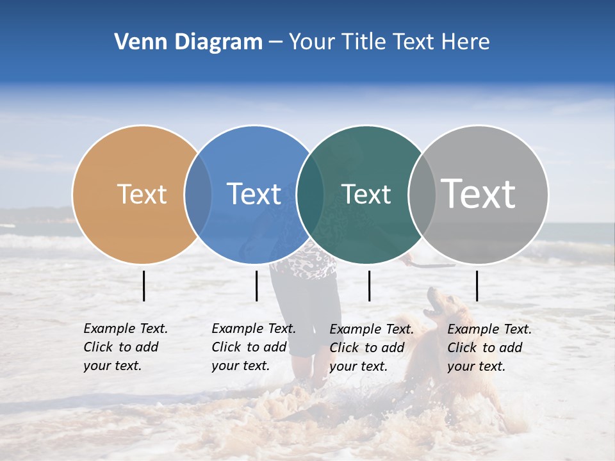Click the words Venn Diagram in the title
point(188,42)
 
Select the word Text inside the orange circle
point(142,194)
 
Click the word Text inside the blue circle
point(254,194)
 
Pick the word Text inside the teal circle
point(366,194)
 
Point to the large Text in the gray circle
point(479,194)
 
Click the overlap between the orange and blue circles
point(198,195)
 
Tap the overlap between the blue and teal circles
point(310,195)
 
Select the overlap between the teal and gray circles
point(421,195)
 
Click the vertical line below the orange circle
point(144,286)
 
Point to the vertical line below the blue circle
point(256,286)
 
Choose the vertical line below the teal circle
point(369,286)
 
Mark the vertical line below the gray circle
point(477,286)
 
